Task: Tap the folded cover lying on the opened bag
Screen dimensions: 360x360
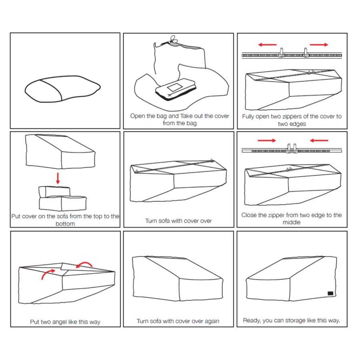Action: [x=176, y=89]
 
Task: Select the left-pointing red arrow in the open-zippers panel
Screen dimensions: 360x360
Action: [x=267, y=44]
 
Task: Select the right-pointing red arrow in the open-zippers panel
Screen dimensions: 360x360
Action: [x=319, y=44]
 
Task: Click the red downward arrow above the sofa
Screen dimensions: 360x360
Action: [x=58, y=178]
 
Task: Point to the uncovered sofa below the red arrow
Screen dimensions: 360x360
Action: [x=62, y=198]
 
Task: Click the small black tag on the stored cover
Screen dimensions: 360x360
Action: [x=330, y=293]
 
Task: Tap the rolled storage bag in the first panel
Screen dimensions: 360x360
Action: [x=62, y=89]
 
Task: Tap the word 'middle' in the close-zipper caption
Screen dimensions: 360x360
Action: [x=292, y=222]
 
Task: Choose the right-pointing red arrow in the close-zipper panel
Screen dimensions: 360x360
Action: [x=267, y=140]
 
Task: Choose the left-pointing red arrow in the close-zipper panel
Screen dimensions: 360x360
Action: [x=319, y=140]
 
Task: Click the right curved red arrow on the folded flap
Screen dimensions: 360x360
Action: [x=84, y=264]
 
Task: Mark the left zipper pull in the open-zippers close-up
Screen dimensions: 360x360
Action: [x=282, y=52]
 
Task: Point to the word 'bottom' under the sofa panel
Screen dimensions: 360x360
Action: [x=65, y=224]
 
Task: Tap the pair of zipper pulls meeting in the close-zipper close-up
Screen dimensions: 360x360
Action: [x=292, y=148]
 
